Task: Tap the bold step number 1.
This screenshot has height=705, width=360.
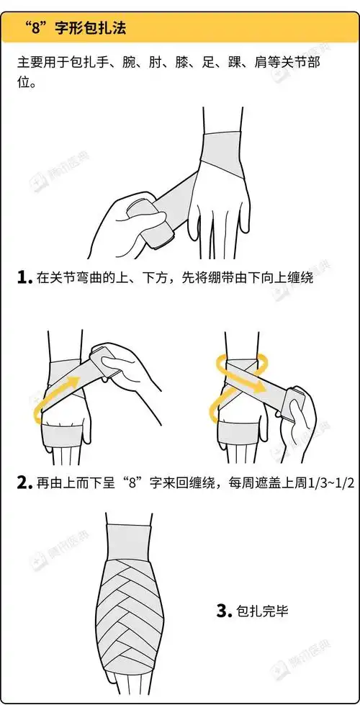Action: (x=24, y=277)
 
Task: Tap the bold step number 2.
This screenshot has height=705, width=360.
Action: (x=24, y=482)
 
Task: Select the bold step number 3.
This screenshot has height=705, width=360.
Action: (x=223, y=611)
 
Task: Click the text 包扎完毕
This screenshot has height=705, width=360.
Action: (x=262, y=611)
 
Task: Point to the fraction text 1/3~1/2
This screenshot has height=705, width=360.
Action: (x=328, y=482)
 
